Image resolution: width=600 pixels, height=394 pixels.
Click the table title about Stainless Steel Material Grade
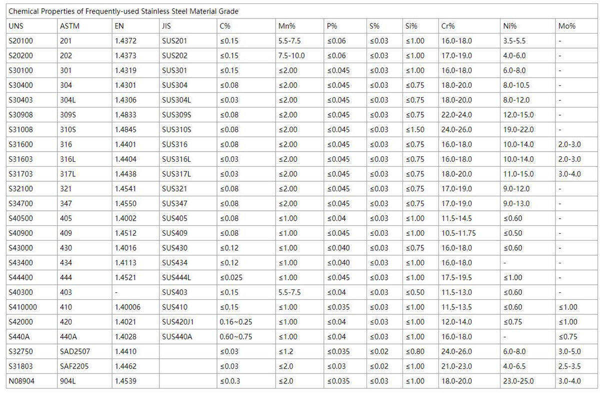click(123, 11)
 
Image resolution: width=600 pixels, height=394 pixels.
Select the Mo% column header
click(566, 26)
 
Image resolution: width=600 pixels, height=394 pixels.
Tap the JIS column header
click(166, 26)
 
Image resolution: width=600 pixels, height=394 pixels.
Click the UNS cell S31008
click(21, 130)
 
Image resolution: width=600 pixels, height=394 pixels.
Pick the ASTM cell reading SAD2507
click(75, 351)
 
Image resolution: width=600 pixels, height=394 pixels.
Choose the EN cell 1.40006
click(127, 307)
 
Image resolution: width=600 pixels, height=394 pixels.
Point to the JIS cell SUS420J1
click(179, 322)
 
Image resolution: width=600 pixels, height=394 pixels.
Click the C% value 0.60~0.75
click(236, 336)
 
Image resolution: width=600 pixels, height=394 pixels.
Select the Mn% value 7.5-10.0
click(291, 56)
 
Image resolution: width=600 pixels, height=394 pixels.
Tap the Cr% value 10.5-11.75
click(458, 233)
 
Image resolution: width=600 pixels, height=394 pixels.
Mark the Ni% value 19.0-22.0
click(518, 130)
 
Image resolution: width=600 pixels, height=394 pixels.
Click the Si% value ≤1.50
click(414, 130)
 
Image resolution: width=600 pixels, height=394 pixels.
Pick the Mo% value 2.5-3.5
click(569, 366)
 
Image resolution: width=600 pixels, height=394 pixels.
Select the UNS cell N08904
click(21, 381)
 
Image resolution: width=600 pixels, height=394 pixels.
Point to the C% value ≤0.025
click(231, 277)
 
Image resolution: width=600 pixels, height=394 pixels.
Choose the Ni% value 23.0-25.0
click(518, 381)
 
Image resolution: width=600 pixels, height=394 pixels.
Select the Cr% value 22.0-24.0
click(456, 115)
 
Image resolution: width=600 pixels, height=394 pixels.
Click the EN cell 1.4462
click(125, 366)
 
